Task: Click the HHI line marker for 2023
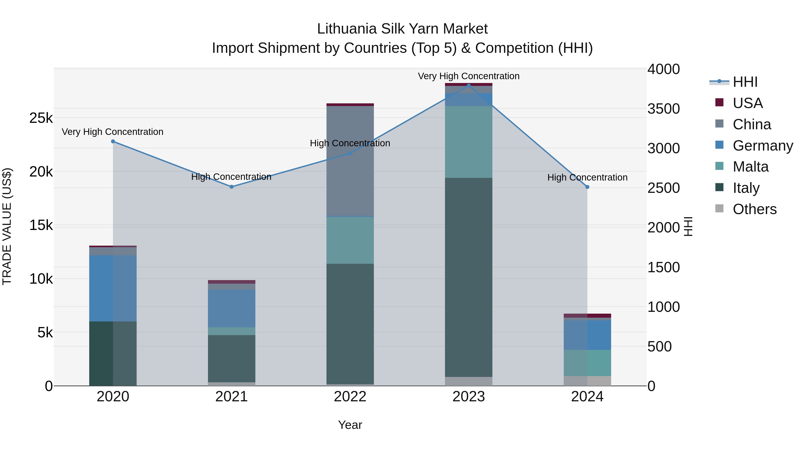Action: [468, 85]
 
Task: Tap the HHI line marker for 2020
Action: [113, 141]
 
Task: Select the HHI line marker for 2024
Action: [587, 187]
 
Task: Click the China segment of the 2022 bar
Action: [350, 161]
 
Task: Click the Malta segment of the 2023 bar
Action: [468, 142]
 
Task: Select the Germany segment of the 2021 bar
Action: [232, 308]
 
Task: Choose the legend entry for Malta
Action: [750, 167]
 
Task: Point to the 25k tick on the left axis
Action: [41, 118]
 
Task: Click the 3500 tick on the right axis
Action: [663, 109]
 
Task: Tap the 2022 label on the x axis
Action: [350, 397]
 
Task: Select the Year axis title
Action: [350, 425]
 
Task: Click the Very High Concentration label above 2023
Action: [468, 76]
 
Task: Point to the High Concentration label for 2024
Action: [587, 177]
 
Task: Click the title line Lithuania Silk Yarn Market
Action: [402, 29]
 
